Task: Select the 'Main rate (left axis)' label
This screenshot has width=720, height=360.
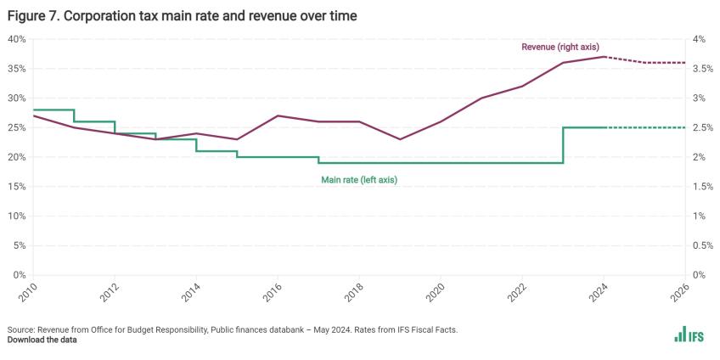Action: point(358,179)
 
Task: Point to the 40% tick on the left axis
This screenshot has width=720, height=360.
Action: point(16,39)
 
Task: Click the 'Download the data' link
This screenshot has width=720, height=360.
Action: point(42,340)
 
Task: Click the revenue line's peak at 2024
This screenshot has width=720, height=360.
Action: point(604,57)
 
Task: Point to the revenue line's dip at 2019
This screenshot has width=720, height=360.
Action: point(400,139)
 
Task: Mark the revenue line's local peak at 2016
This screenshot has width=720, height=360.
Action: point(278,115)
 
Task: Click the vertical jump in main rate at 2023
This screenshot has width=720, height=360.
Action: point(563,144)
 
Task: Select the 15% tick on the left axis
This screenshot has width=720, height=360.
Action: point(16,187)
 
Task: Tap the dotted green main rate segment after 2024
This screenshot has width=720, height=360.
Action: point(645,127)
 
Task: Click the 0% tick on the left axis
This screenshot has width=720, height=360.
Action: point(19,275)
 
